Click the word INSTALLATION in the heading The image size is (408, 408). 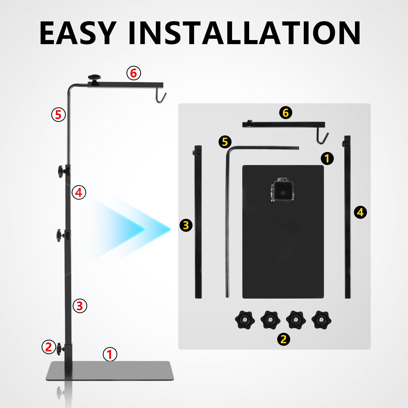(244, 33)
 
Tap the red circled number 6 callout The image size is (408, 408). (134, 73)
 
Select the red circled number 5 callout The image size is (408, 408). (58, 114)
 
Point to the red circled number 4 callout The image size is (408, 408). (79, 192)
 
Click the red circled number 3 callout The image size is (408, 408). (80, 306)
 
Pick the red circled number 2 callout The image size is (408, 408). (49, 347)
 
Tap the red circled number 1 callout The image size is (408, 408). (110, 354)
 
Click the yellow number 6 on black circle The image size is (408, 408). (286, 113)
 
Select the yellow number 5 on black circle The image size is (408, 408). (225, 142)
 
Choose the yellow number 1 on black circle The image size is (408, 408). (327, 158)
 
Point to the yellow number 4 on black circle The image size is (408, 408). (360, 212)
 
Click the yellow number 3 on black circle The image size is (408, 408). (186, 225)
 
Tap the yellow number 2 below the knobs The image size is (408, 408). (284, 339)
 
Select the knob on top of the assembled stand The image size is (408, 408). (94, 78)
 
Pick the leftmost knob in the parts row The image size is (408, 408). (245, 320)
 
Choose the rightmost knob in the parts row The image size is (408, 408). (321, 320)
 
